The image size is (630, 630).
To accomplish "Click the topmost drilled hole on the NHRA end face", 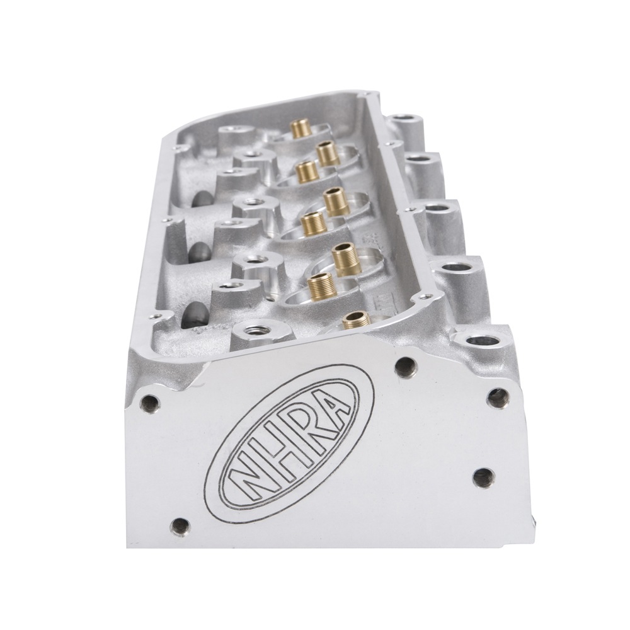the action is click(x=406, y=365).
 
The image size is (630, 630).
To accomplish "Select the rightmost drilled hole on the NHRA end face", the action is click(x=498, y=398).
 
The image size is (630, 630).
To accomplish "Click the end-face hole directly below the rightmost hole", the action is click(x=484, y=477).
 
